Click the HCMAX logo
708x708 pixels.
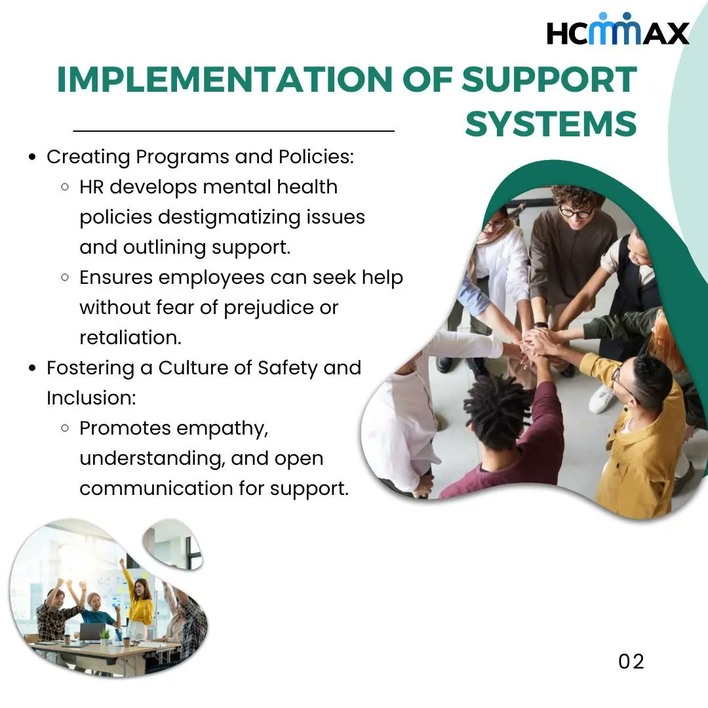pos(618,31)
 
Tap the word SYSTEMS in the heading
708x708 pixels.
pos(551,123)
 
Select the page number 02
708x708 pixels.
pos(631,661)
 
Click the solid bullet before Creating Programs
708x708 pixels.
pos(32,157)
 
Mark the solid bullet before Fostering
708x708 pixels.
pos(32,368)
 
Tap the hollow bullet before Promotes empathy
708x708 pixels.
pos(65,428)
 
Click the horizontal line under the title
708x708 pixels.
pos(233,131)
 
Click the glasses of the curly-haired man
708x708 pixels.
pos(576,212)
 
